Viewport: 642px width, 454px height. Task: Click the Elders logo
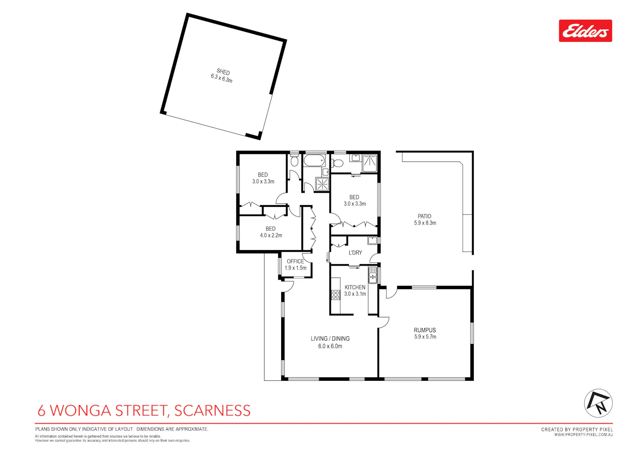[x=585, y=31]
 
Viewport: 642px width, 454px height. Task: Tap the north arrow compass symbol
[x=598, y=403]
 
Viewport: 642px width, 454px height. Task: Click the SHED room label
[x=223, y=72]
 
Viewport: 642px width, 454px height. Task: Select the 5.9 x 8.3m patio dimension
[x=425, y=223]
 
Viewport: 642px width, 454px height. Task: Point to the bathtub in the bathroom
[x=314, y=161]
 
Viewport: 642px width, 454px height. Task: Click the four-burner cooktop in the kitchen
[x=336, y=295]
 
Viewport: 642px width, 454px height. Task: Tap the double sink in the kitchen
[x=373, y=275]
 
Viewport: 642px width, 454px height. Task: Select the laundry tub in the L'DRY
[x=373, y=240]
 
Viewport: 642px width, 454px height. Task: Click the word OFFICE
[x=295, y=261]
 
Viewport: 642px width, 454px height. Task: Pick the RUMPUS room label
[x=425, y=330]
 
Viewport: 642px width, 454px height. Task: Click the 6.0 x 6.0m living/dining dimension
[x=330, y=346]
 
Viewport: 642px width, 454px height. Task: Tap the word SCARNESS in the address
[x=212, y=410]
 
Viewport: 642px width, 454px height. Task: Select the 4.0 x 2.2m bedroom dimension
[x=271, y=236]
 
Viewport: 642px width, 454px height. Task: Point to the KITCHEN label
[x=355, y=287]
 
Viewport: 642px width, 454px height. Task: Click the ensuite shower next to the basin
[x=370, y=163]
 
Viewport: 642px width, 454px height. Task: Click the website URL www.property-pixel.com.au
[x=583, y=435]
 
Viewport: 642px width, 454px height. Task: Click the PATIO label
[x=425, y=216]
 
